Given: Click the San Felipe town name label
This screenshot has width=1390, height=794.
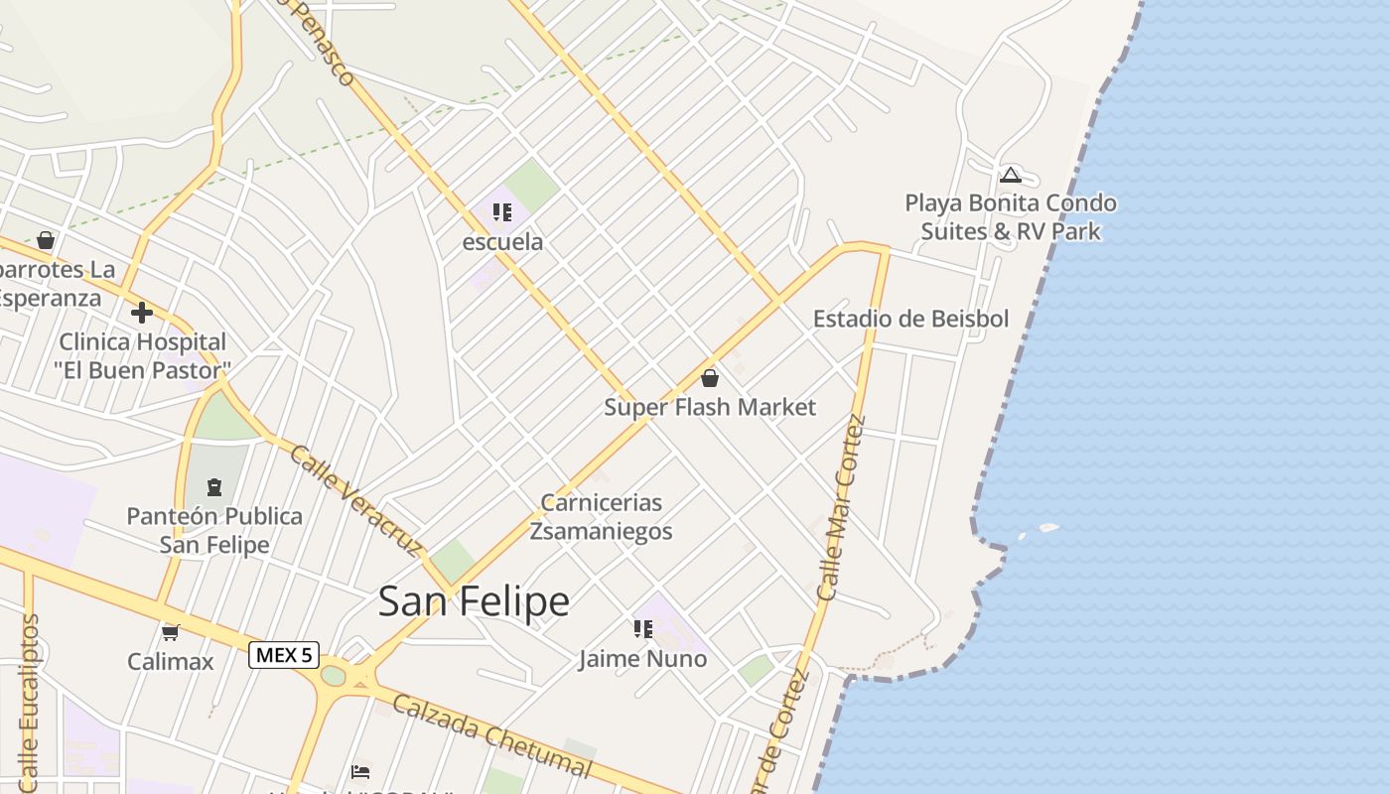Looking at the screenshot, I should click(x=474, y=601).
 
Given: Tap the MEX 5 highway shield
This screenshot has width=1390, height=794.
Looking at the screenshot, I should click(x=283, y=655).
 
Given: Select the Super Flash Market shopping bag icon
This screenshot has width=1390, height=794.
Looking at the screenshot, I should click(x=710, y=378).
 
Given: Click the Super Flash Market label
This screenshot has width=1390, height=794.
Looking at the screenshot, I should click(x=710, y=407).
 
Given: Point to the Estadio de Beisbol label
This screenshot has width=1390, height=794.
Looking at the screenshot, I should click(x=910, y=319).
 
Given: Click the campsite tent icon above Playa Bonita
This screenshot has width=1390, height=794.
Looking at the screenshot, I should click(x=1011, y=176).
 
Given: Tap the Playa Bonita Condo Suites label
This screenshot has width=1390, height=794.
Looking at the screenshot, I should click(x=1010, y=217).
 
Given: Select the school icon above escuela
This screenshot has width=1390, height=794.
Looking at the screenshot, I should click(x=501, y=212).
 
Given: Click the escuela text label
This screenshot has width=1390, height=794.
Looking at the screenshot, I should click(x=503, y=241).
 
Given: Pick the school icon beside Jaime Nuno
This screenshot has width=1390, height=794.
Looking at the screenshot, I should click(x=642, y=629).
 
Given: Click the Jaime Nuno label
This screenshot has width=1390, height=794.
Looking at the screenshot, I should click(x=643, y=658).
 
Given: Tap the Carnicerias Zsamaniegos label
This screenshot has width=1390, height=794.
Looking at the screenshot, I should click(x=601, y=517).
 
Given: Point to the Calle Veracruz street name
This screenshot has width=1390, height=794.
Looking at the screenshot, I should click(x=355, y=499).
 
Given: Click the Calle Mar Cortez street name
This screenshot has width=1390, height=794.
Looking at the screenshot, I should click(x=841, y=507).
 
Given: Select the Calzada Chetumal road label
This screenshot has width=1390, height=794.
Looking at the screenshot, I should click(x=491, y=734).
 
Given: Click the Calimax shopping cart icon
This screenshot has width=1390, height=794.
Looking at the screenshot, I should click(x=170, y=632).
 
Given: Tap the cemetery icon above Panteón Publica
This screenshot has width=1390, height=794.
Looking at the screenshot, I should click(x=214, y=487).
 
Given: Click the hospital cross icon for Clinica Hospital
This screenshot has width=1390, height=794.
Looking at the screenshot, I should click(x=142, y=313).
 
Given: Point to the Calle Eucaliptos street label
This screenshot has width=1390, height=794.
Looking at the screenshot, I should click(x=29, y=700).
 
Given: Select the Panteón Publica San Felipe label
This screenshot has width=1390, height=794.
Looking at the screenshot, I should click(x=214, y=530).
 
